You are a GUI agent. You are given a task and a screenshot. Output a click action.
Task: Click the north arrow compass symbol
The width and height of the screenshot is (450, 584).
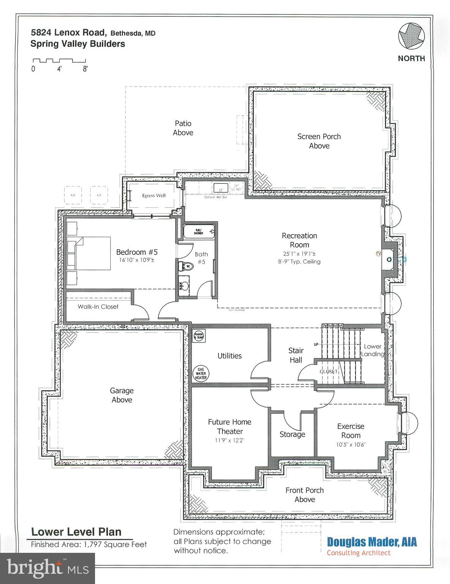[411, 36]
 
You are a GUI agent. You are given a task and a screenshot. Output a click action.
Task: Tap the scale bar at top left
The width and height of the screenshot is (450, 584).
[59, 60]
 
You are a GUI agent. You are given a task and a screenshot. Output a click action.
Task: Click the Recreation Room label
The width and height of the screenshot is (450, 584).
[299, 240]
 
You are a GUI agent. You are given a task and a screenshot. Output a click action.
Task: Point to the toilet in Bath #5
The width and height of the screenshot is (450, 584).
[186, 266]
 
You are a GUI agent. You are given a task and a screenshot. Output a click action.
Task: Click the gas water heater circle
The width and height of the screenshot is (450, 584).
[201, 373]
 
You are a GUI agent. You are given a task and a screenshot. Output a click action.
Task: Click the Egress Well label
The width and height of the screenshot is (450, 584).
[154, 195]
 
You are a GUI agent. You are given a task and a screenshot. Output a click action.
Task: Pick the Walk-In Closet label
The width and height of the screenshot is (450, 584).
[98, 306]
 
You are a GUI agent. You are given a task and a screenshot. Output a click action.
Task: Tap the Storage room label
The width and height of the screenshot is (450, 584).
[292, 434]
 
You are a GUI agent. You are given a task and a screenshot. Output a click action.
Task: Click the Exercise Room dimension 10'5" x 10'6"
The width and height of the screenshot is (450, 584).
[350, 444]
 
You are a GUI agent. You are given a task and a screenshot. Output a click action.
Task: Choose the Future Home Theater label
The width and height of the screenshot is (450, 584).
[230, 427]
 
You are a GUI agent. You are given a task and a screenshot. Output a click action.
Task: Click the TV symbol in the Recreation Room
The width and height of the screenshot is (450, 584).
[378, 253]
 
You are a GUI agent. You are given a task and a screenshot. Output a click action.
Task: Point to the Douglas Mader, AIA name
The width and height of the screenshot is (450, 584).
[372, 541]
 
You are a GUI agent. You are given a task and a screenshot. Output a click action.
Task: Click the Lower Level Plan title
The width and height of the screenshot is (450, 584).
[76, 532]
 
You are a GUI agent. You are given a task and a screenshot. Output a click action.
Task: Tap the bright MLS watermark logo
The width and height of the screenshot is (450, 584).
[48, 568]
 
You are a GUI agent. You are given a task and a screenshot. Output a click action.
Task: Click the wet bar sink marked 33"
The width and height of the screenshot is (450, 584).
[220, 188]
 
